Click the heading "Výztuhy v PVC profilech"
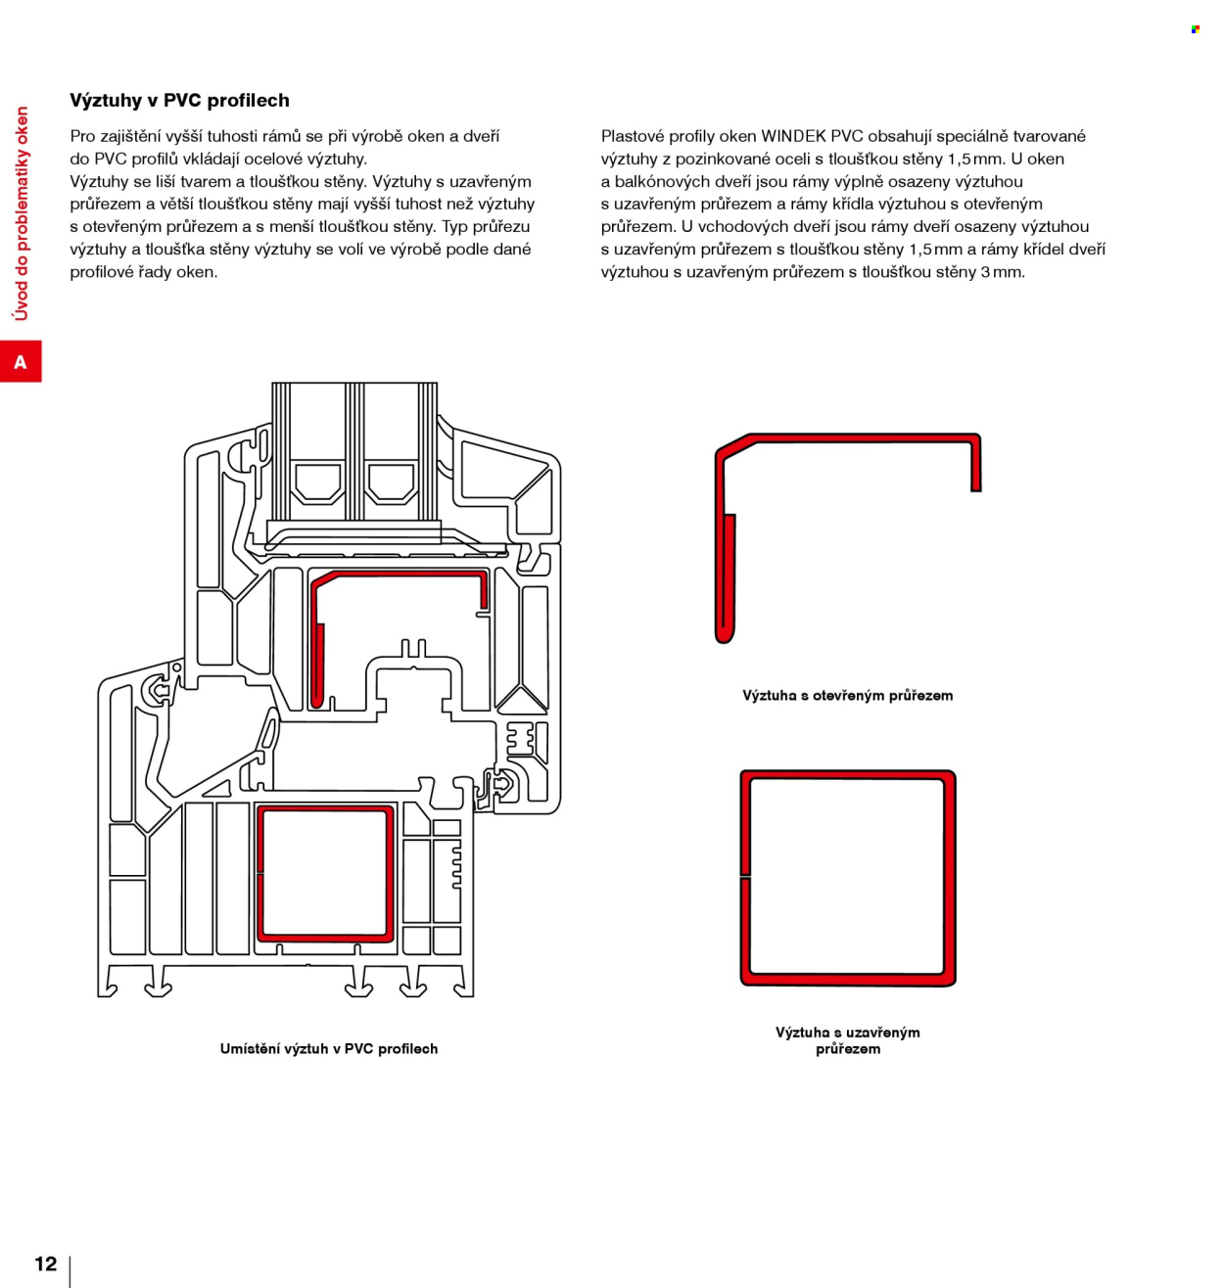click(179, 101)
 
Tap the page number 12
click(46, 1264)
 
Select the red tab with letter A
click(21, 362)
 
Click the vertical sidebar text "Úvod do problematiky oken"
click(22, 213)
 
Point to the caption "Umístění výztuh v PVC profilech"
click(329, 1049)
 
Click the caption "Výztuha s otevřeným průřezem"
click(847, 696)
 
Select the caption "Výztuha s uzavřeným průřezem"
click(848, 1040)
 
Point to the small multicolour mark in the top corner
click(1196, 29)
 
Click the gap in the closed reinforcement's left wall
click(745, 875)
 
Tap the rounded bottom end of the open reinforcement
click(726, 635)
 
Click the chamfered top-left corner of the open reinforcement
click(734, 446)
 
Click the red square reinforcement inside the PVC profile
click(325, 874)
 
